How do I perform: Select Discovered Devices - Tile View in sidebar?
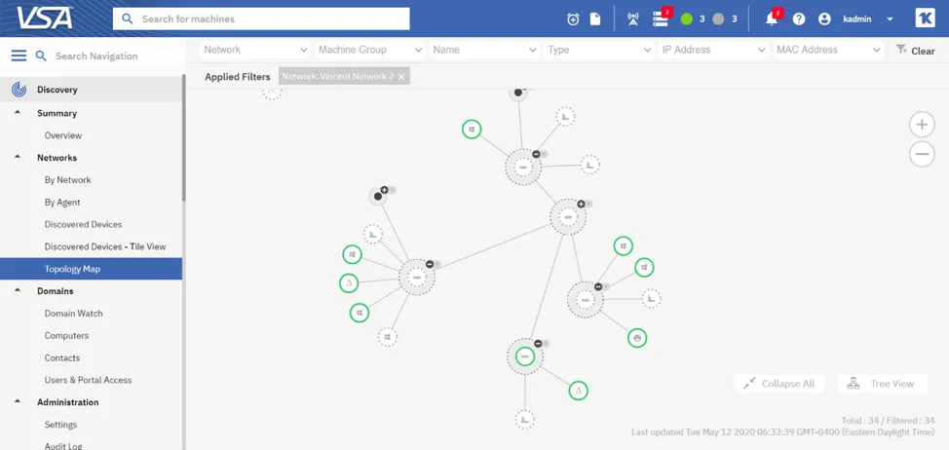pyautogui.click(x=105, y=246)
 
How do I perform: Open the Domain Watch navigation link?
pyautogui.click(x=74, y=314)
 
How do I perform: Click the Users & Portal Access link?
pyautogui.click(x=88, y=380)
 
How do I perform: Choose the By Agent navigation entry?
pyautogui.click(x=62, y=202)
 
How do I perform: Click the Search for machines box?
pyautogui.click(x=261, y=19)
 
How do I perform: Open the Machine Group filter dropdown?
pyautogui.click(x=371, y=50)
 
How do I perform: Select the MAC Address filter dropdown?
pyautogui.click(x=828, y=50)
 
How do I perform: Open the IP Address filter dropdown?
pyautogui.click(x=714, y=50)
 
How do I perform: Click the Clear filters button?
pyautogui.click(x=915, y=51)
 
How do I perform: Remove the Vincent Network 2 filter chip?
pyautogui.click(x=401, y=77)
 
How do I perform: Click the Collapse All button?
pyautogui.click(x=778, y=384)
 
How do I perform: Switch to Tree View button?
pyautogui.click(x=883, y=384)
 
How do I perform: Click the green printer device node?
pyautogui.click(x=636, y=337)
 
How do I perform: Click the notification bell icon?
pyautogui.click(x=772, y=19)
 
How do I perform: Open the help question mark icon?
pyautogui.click(x=799, y=19)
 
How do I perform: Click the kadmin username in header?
pyautogui.click(x=857, y=19)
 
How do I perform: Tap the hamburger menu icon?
pyautogui.click(x=19, y=56)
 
